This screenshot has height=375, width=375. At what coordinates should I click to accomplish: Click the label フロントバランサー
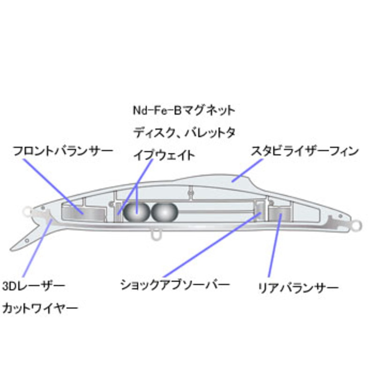pyautogui.click(x=63, y=151)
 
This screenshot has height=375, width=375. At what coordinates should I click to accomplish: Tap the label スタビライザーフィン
pyautogui.click(x=305, y=151)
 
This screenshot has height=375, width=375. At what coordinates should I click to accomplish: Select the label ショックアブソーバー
pyautogui.click(x=175, y=285)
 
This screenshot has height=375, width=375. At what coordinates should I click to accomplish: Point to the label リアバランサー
pyautogui.click(x=298, y=288)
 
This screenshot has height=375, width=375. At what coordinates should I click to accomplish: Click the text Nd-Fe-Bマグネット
pyautogui.click(x=184, y=110)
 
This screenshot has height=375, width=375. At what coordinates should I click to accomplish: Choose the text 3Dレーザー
pyautogui.click(x=34, y=286)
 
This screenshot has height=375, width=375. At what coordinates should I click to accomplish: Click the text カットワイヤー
pyautogui.click(x=40, y=308)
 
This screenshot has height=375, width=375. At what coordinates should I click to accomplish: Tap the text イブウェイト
pyautogui.click(x=164, y=155)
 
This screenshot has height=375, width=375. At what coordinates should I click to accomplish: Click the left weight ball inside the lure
pyautogui.click(x=136, y=212)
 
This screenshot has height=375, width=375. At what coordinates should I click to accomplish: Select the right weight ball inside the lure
pyautogui.click(x=165, y=212)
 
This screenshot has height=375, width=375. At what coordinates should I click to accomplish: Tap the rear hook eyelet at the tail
pyautogui.click(x=357, y=225)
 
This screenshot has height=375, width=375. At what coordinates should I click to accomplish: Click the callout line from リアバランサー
pyautogui.click(x=275, y=245)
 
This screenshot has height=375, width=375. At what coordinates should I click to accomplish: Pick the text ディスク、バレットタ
pyautogui.click(x=184, y=133)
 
